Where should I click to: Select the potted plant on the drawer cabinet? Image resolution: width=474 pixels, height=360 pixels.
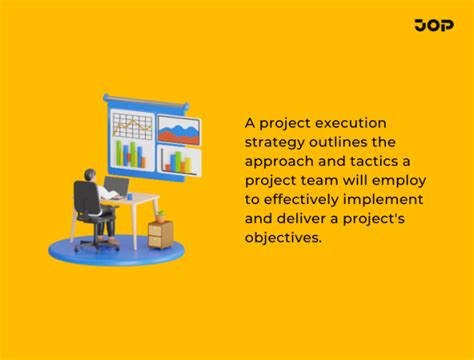pos(159,215)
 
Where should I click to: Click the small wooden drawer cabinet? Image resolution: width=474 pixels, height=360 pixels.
pos(159,234)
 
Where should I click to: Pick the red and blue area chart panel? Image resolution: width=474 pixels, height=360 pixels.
pos(178,131)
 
